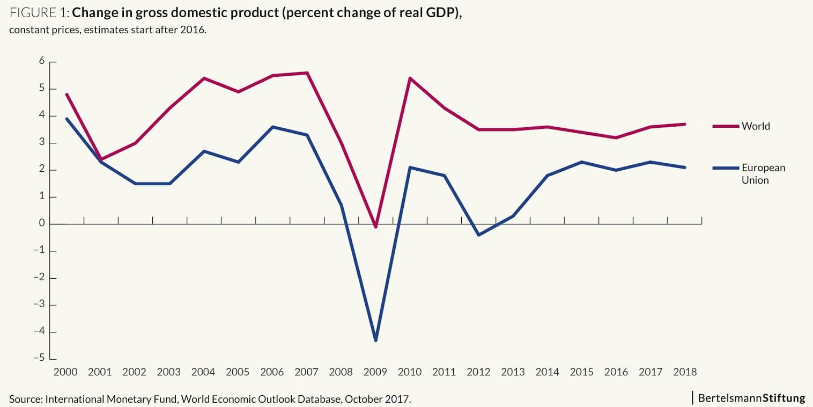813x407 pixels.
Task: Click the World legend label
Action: click(756, 126)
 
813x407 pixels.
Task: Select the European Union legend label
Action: click(763, 173)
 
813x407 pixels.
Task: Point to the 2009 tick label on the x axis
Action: click(375, 372)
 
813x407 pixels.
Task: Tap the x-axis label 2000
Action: click(66, 372)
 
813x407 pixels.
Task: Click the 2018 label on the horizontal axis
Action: click(684, 372)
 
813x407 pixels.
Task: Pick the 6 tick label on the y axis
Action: click(41, 61)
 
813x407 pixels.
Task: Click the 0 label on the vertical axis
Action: click(41, 224)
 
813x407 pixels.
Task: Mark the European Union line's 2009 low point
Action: click(375, 340)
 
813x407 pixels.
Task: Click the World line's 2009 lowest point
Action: click(375, 227)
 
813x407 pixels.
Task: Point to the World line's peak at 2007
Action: click(307, 72)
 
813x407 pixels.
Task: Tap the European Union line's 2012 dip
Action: click(478, 235)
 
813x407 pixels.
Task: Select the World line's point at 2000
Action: click(66, 95)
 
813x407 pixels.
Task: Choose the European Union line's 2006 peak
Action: click(272, 127)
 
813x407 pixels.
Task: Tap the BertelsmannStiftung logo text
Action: click(751, 398)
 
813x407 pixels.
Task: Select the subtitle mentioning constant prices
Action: click(108, 30)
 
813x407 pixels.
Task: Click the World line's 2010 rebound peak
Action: click(410, 78)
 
